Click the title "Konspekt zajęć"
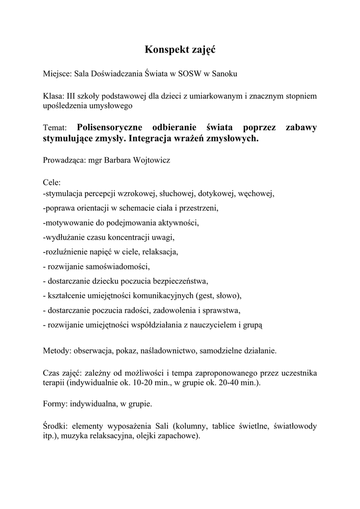point(180,50)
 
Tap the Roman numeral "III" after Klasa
point(72,95)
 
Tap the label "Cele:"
point(52,183)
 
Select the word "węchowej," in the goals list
point(255,193)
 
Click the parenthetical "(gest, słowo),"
point(218,296)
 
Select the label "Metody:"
point(57,350)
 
